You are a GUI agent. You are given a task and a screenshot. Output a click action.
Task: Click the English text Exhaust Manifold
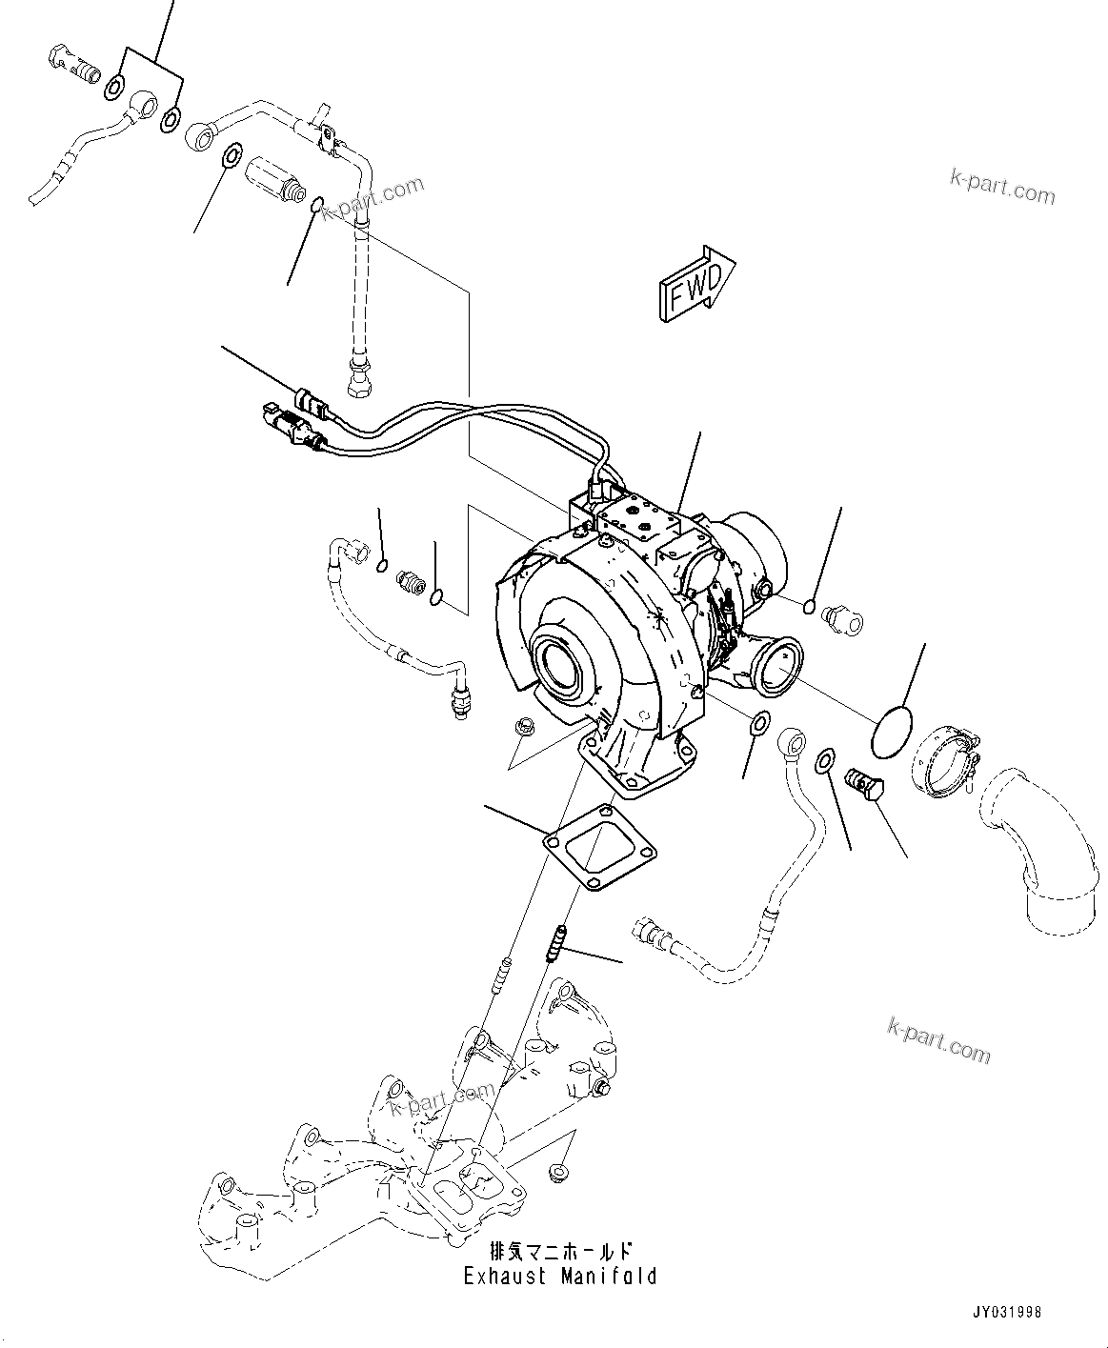click(x=560, y=1276)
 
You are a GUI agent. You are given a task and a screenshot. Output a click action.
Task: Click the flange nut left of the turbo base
click(x=523, y=727)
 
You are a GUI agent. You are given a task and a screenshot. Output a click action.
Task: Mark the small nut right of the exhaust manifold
click(x=559, y=1170)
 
